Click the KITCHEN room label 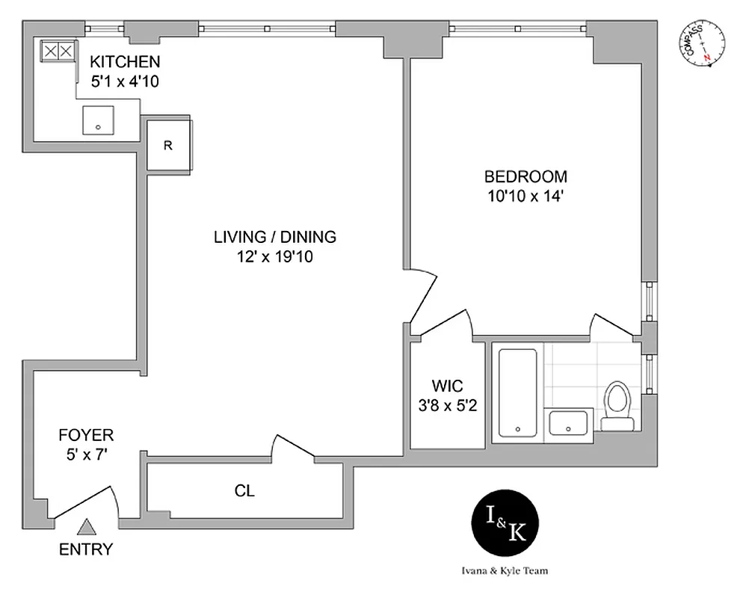pos(125,61)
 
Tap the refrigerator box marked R pos(168,145)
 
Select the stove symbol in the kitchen pos(58,51)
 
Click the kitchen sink pos(98,118)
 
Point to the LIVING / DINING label pos(275,238)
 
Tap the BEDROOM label pos(525,177)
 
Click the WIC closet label pos(447,386)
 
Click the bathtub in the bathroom pos(517,392)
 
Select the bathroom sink pos(570,423)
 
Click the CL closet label pos(244,491)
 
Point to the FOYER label pos(86,435)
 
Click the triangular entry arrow pos(87,528)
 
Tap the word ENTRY pos(86,550)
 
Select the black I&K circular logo pos(507,525)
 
